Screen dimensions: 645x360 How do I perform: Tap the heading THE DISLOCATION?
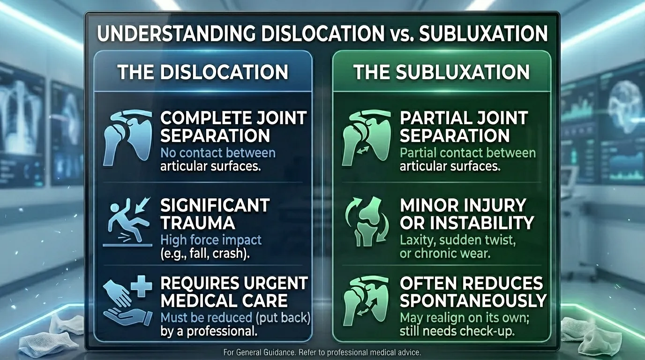(x=202, y=73)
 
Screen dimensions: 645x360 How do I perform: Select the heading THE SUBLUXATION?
(x=441, y=73)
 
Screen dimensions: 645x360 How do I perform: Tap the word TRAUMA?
(x=197, y=223)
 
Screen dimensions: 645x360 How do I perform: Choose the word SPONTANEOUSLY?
(x=473, y=300)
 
